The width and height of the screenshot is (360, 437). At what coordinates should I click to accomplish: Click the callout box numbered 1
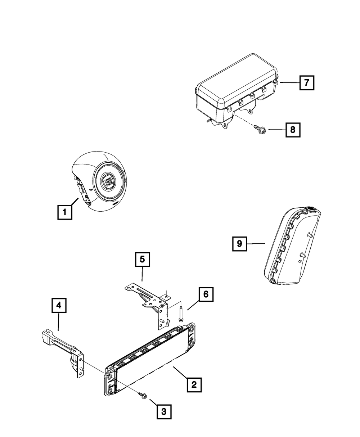click(64, 212)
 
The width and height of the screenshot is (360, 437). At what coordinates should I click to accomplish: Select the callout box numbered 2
click(194, 385)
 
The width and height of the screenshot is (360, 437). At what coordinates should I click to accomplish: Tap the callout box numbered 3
click(163, 411)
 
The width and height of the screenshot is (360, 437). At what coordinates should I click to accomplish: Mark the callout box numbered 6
click(206, 294)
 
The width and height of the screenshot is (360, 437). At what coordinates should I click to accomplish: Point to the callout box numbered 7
click(306, 82)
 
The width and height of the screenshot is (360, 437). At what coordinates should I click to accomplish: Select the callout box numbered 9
click(239, 244)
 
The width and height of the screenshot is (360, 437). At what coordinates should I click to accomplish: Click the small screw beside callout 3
click(141, 395)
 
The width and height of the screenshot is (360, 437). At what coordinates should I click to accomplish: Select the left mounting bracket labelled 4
click(67, 351)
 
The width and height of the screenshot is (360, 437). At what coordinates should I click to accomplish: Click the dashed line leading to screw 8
click(246, 120)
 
